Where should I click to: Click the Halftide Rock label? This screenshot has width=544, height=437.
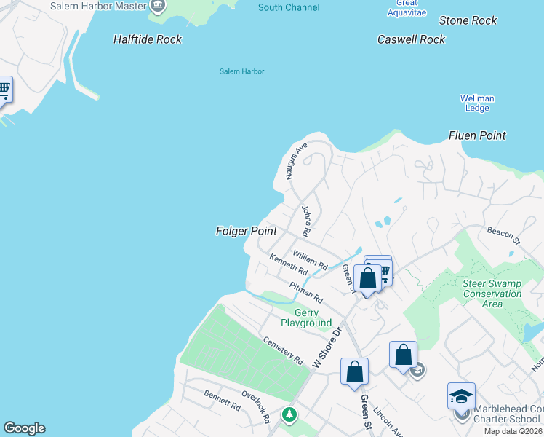point(148,39)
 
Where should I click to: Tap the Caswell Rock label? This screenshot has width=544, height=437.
point(411,39)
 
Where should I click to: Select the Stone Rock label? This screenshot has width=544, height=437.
point(468,20)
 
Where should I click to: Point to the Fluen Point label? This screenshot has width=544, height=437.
point(477,135)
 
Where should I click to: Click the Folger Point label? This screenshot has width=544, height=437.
point(247,231)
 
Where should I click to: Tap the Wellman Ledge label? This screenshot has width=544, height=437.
point(477,103)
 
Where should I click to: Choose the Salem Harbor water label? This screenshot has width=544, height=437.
point(241,71)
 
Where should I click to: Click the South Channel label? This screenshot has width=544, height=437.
point(289,7)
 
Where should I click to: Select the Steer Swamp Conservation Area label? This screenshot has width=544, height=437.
point(492,294)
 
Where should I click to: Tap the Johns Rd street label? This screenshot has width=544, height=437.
point(306,221)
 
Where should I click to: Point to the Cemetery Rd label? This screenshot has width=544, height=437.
point(283,350)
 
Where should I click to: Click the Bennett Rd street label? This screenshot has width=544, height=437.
point(222,400)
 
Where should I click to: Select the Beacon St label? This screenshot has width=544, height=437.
point(504,235)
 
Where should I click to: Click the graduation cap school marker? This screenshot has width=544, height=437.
point(460,397)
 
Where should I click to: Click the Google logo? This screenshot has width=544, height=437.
point(24,428)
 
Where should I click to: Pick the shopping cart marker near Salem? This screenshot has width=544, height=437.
point(4,90)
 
